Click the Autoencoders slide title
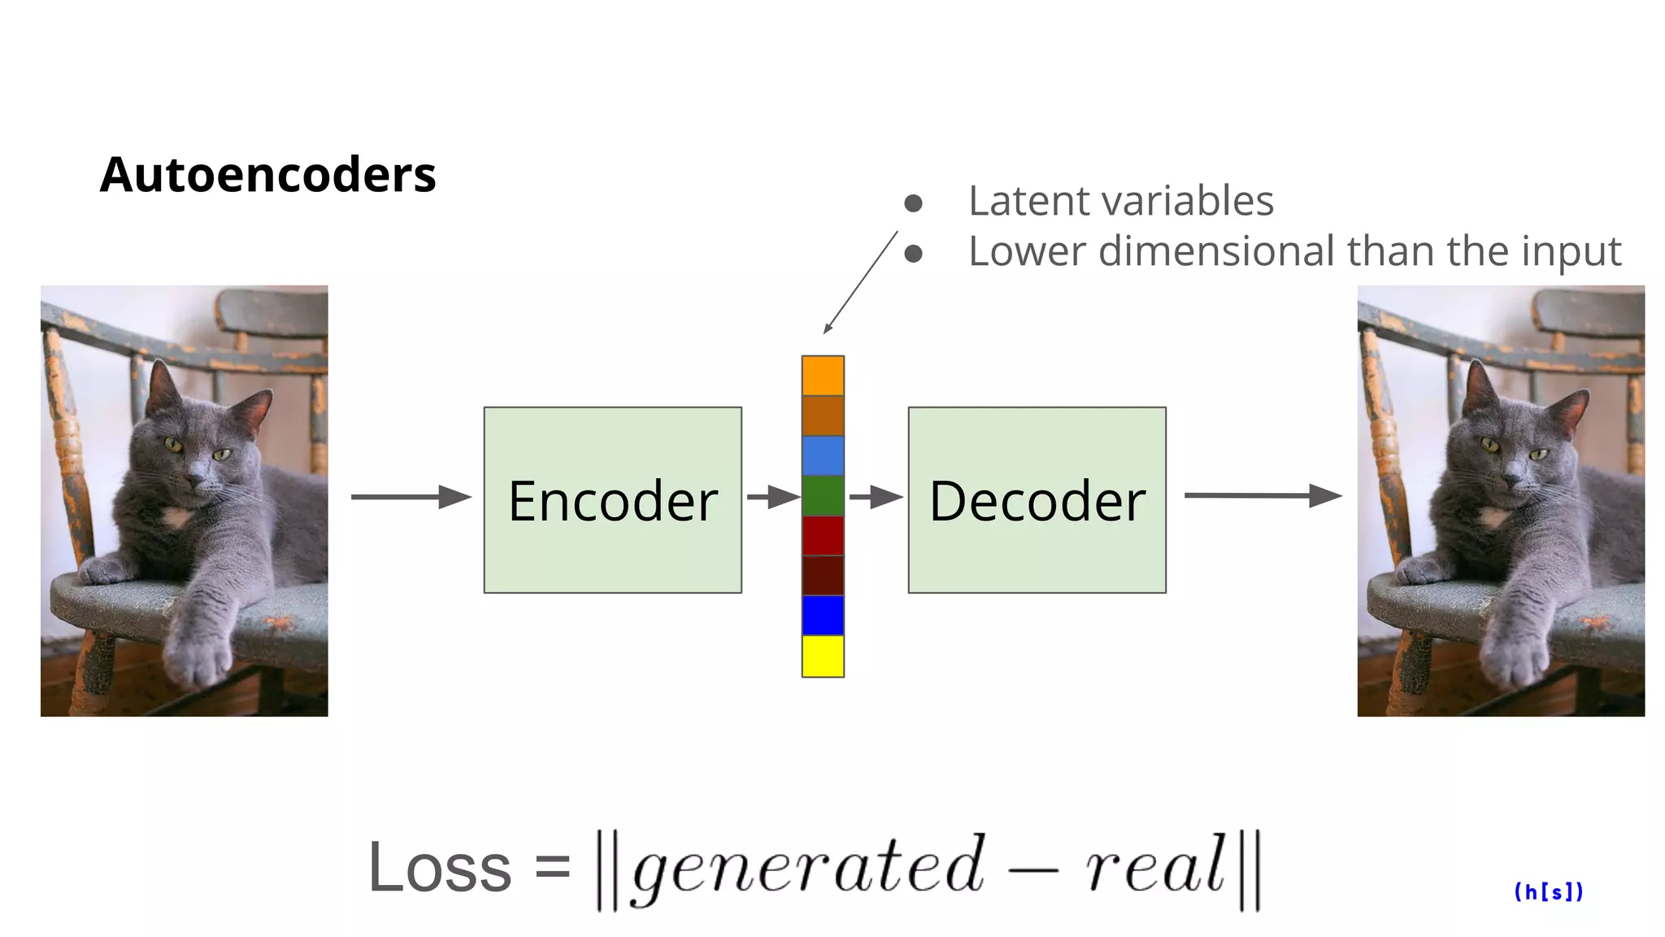[267, 175]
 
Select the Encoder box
[612, 499]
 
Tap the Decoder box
[1037, 499]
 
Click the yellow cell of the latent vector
[823, 656]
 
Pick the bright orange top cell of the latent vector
[823, 376]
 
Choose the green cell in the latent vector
[823, 495]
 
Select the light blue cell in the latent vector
[823, 455]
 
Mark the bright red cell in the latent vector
[823, 535]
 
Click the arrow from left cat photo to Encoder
[411, 496]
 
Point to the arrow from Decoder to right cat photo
[1262, 495]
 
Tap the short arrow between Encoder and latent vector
[772, 496]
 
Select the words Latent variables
[1120, 201]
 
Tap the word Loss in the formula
[439, 868]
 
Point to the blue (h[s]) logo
[1548, 892]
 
